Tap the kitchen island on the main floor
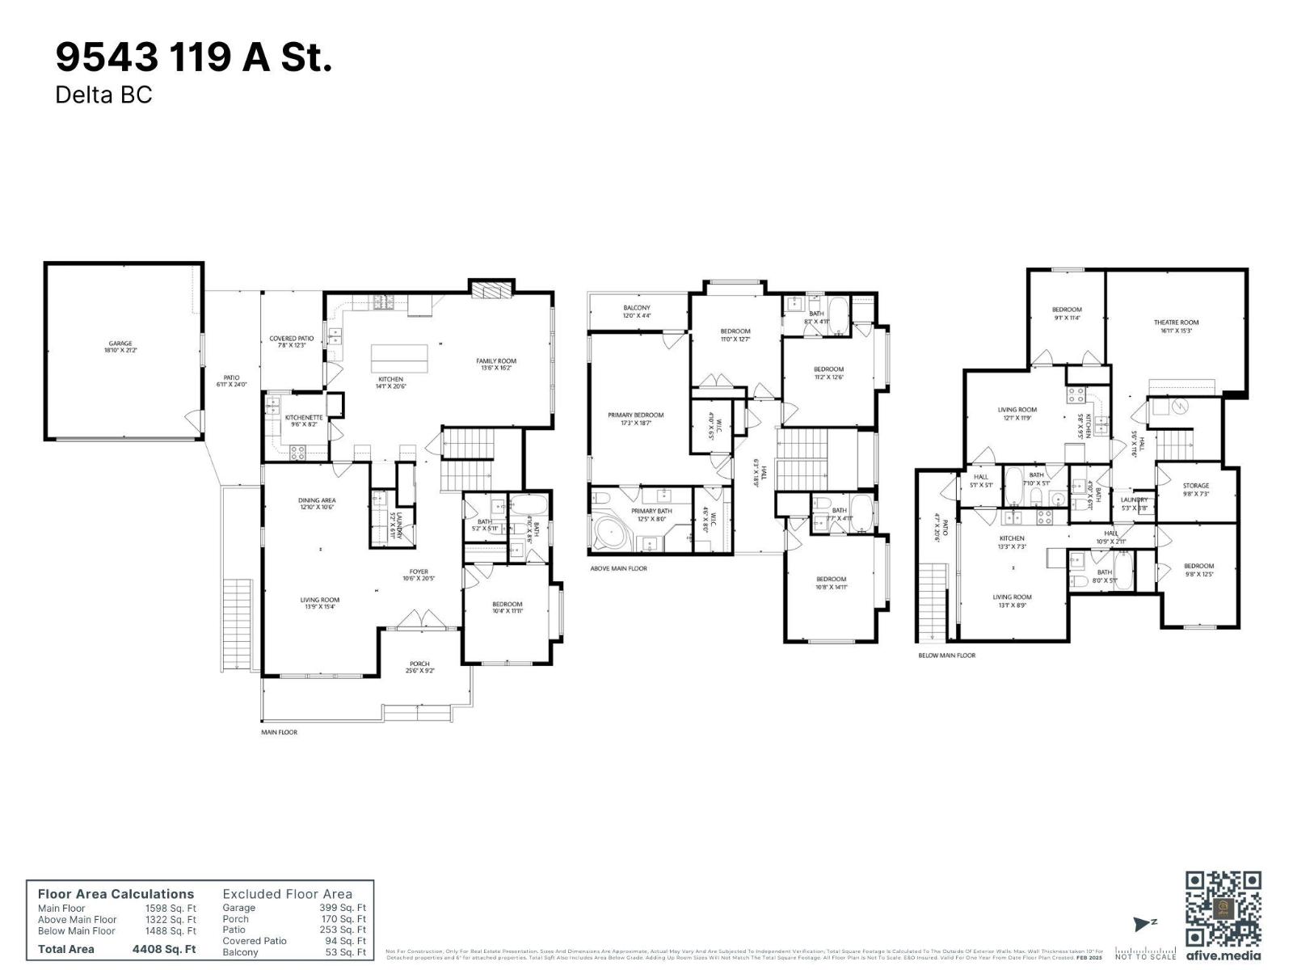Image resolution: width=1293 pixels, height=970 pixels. [400, 356]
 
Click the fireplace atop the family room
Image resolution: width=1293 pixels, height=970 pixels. [491, 290]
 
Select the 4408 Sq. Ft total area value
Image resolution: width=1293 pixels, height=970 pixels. [164, 949]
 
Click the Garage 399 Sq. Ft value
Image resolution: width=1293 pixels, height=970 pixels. [342, 908]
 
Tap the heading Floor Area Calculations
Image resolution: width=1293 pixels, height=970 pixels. [116, 894]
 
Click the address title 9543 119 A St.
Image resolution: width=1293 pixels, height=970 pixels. [193, 57]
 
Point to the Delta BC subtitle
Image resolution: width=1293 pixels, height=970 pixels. [103, 95]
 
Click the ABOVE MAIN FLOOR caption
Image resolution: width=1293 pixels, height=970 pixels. [618, 568]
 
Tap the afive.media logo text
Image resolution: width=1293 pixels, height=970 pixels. [1223, 955]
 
